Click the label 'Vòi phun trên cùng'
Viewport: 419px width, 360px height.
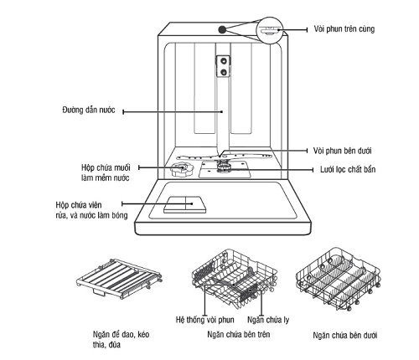point(344,29)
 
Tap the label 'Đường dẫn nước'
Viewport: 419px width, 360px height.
point(89,110)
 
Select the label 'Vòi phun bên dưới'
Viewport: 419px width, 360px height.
point(342,151)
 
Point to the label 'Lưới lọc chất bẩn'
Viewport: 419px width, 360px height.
point(348,169)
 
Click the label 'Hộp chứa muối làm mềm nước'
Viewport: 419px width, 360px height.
point(106,172)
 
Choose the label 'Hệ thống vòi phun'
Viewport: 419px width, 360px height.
point(205,320)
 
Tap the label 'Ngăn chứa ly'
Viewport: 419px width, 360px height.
point(268,320)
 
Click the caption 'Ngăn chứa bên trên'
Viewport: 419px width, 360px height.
point(239,334)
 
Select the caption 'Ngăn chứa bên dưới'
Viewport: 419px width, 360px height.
point(345,335)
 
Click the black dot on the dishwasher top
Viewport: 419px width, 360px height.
point(222,29)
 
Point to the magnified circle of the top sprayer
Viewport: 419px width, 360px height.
point(270,30)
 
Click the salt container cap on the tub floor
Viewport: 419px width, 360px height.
point(182,168)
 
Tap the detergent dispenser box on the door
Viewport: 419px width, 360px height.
point(185,204)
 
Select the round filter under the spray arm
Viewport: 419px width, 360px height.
point(224,167)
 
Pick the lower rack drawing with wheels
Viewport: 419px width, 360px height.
point(339,279)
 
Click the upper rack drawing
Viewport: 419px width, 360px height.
point(235,279)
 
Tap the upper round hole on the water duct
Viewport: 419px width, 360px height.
point(224,61)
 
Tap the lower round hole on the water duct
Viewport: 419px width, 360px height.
point(224,72)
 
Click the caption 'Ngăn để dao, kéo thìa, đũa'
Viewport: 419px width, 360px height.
point(122,339)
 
